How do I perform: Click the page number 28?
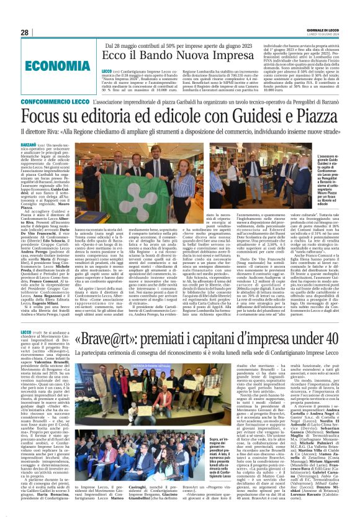25,32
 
